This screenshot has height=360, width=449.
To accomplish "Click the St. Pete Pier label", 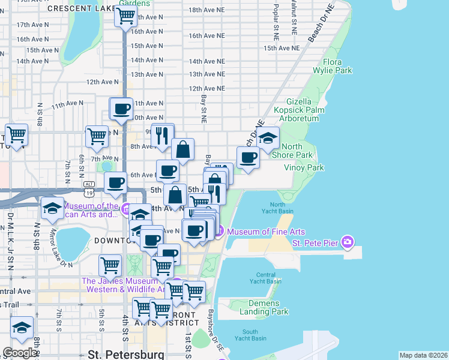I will click(x=316, y=243).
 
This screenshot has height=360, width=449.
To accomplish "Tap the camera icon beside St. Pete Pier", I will click(x=347, y=242).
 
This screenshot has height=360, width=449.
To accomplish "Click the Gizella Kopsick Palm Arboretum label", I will click(x=299, y=110).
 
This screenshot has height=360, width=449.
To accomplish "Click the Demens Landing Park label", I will click(x=264, y=307).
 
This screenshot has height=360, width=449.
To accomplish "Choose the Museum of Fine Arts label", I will click(x=266, y=232).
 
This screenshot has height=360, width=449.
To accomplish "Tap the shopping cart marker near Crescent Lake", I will click(x=125, y=17).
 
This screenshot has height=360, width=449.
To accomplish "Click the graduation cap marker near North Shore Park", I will click(x=268, y=137).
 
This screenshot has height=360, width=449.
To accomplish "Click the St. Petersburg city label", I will click(x=125, y=353).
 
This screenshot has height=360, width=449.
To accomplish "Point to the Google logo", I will click(x=20, y=353).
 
